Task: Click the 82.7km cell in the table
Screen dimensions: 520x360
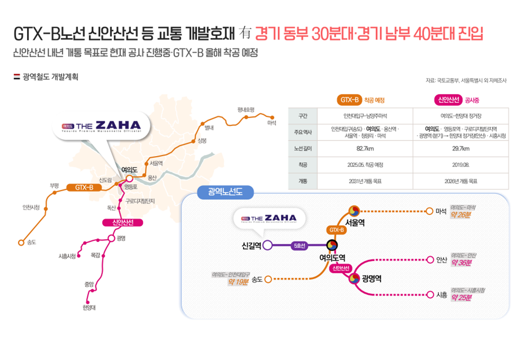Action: click(x=362, y=148)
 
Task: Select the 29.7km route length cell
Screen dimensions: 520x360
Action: click(x=460, y=148)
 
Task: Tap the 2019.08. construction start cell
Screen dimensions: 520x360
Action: click(x=460, y=164)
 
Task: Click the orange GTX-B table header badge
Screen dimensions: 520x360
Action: click(x=350, y=100)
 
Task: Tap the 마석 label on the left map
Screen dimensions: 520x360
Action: click(x=272, y=123)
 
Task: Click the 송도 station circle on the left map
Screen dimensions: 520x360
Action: click(x=21, y=242)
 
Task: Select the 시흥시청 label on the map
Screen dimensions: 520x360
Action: click(x=66, y=256)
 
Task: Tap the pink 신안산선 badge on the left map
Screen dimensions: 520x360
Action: click(x=115, y=222)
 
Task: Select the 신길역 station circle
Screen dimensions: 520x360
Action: click(x=267, y=245)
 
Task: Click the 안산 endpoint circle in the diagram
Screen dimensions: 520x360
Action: click(x=429, y=260)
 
